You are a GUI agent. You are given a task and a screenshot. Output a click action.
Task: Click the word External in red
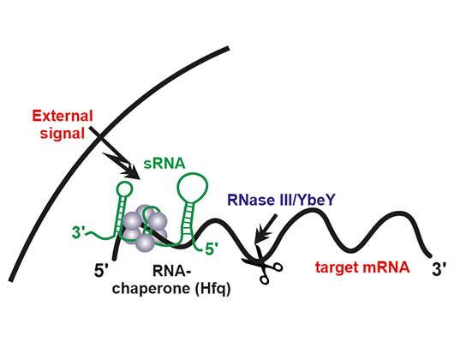pos(63,116)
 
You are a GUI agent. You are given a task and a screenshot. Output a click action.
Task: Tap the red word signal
pos(63,134)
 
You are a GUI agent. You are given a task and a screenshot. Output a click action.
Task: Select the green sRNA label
pos(164,164)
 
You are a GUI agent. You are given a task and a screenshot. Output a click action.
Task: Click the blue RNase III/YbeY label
pos(281,200)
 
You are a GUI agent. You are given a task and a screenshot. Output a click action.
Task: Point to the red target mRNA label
pos(362,267)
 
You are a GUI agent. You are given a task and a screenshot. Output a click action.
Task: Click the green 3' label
pos(78,232)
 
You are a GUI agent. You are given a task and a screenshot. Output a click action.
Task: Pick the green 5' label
pos(212,249)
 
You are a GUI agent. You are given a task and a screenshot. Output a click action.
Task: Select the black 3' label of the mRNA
pos(439,269)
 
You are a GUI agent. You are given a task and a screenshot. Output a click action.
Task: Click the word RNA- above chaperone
pos(171,272)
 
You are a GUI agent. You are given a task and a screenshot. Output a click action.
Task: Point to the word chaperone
pos(152,289)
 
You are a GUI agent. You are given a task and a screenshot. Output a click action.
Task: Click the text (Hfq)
pos(212,289)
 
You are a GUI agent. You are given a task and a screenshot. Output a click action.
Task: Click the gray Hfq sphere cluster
pos(145,228)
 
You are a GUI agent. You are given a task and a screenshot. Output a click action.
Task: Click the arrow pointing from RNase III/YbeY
pos(266,229)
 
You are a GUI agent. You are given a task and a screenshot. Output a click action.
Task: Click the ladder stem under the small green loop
pos(120,214)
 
